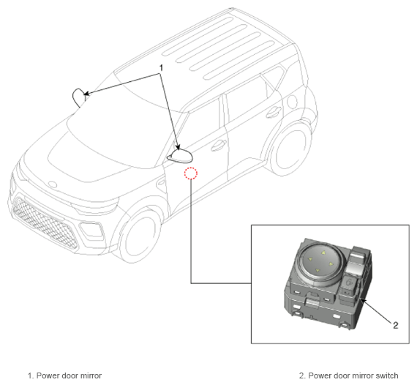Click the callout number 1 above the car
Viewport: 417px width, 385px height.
point(161,68)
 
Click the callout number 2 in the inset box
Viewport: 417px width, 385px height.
point(396,325)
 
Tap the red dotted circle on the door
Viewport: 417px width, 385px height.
point(191,173)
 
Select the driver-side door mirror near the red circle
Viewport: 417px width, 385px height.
point(180,156)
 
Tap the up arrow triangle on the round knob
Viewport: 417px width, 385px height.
point(323,253)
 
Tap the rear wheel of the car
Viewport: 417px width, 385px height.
point(290,150)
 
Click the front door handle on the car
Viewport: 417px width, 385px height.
point(218,145)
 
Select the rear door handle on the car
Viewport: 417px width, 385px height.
point(273,111)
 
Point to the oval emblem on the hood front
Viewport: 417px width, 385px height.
point(53,184)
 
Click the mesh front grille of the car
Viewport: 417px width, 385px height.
point(45,223)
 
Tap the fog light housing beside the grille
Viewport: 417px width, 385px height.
point(91,230)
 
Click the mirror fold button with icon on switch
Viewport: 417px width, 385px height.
point(350,282)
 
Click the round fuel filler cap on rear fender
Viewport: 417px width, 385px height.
point(292,101)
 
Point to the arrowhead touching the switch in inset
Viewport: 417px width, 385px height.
point(363,301)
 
